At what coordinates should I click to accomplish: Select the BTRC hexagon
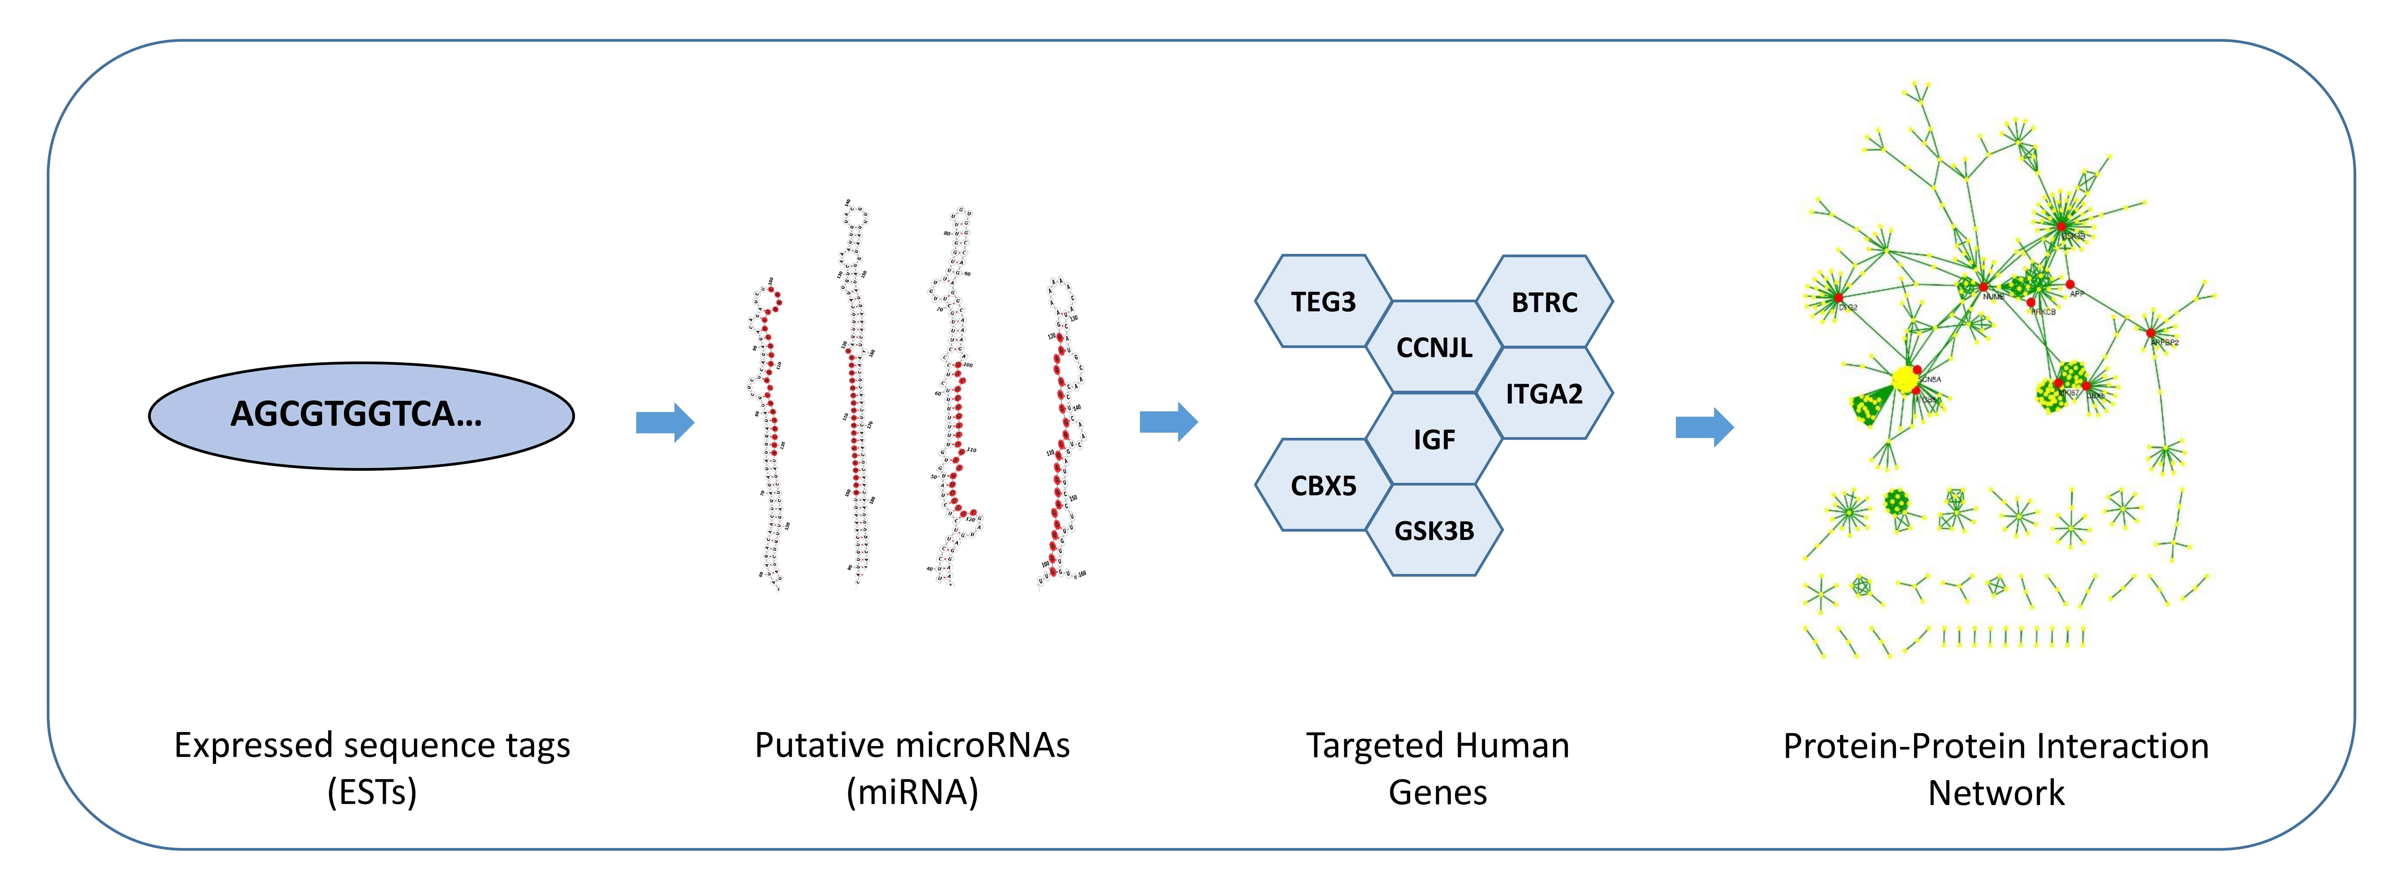pos(1544,302)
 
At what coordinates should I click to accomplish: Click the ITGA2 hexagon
pos(1544,393)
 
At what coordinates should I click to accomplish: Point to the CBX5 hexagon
pos(1324,485)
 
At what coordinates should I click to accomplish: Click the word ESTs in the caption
pos(372,792)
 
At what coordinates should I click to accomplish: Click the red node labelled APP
pos(2070,284)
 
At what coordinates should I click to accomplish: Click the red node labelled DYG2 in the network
pos(1839,298)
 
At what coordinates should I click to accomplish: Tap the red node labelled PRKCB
pos(2031,303)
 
